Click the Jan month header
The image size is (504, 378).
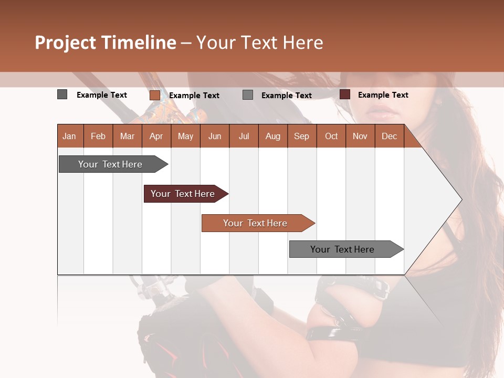(69, 136)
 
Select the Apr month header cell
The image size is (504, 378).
(156, 136)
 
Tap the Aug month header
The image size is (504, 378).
(273, 136)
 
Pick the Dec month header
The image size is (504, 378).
(390, 136)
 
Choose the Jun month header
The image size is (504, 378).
(215, 136)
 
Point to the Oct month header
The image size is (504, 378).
(331, 136)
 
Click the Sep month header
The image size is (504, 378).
(302, 136)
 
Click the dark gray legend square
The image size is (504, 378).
(62, 94)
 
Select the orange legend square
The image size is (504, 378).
(155, 95)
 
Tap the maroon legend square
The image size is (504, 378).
(345, 94)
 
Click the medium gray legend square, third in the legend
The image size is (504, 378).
(248, 95)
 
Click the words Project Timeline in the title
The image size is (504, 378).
(106, 43)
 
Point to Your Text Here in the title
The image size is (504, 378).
(260, 43)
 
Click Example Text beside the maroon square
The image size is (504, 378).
(383, 95)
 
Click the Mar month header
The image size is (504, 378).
(127, 136)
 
